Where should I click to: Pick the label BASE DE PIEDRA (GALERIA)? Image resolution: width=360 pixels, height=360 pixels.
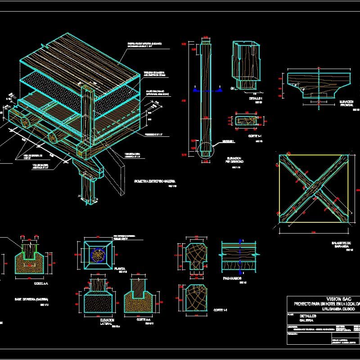click(31, 299)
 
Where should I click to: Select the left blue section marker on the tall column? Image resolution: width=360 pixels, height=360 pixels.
click(194, 90)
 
